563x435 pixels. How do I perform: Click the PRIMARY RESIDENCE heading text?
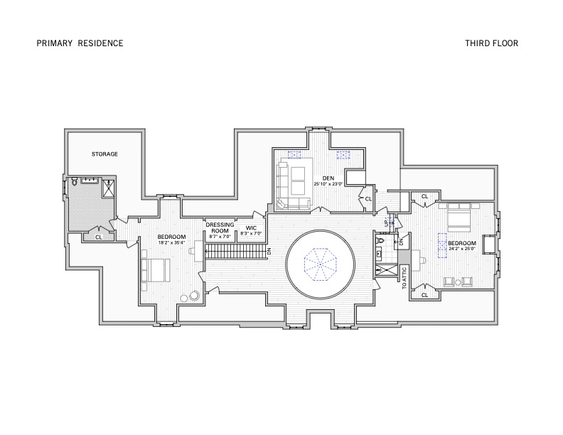coord(80,43)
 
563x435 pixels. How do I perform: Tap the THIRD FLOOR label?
coord(491,43)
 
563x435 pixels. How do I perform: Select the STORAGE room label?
coord(104,154)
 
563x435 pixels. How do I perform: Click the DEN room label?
coord(328,178)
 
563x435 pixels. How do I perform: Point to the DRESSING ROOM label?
coord(220,227)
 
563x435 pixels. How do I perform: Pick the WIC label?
coord(251,227)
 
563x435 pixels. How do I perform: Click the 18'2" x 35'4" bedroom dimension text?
coord(171,243)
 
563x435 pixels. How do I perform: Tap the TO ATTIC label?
coord(404,278)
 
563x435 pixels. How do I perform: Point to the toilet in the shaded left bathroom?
coord(74,183)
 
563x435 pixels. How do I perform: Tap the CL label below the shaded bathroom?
coord(98,237)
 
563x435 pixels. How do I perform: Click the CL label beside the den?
coord(368,199)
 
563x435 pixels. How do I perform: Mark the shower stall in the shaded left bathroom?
coord(109,188)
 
